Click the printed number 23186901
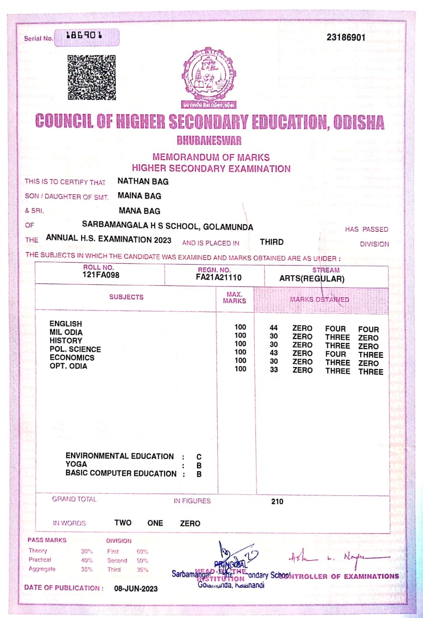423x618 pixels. [x=346, y=37]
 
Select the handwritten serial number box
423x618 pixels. [x=87, y=37]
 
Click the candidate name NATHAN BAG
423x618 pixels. [x=143, y=182]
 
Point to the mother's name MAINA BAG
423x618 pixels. [x=140, y=196]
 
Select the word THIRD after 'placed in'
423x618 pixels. [x=271, y=242]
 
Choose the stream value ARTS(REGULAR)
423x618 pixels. [x=311, y=279]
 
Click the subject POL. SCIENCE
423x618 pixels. [x=75, y=349]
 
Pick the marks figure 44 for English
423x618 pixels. [x=273, y=328]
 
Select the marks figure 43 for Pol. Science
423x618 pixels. [x=273, y=353]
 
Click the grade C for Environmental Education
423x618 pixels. [x=199, y=457]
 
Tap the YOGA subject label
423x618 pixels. [x=76, y=464]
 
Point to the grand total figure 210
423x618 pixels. [x=277, y=502]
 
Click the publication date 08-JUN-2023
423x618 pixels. [x=136, y=589]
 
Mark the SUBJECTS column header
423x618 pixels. [x=126, y=297]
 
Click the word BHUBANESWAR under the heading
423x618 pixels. [x=209, y=141]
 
